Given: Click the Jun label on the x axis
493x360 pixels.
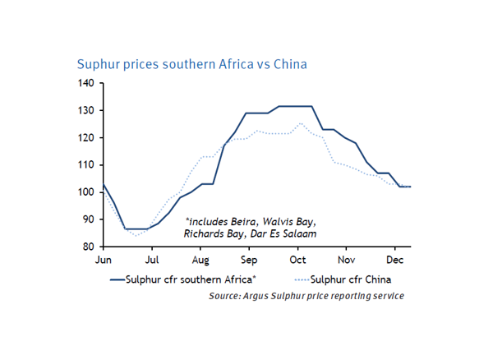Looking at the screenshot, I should (x=103, y=259).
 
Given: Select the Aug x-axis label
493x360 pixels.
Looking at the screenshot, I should (x=200, y=259).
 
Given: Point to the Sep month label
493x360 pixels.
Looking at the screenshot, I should (x=250, y=259).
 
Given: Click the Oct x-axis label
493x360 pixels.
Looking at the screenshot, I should (x=297, y=259).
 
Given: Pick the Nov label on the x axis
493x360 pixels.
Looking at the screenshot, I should (x=347, y=259).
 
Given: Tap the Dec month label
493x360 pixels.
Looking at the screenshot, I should (x=395, y=259).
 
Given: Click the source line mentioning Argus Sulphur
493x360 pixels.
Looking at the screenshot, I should (x=306, y=295).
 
